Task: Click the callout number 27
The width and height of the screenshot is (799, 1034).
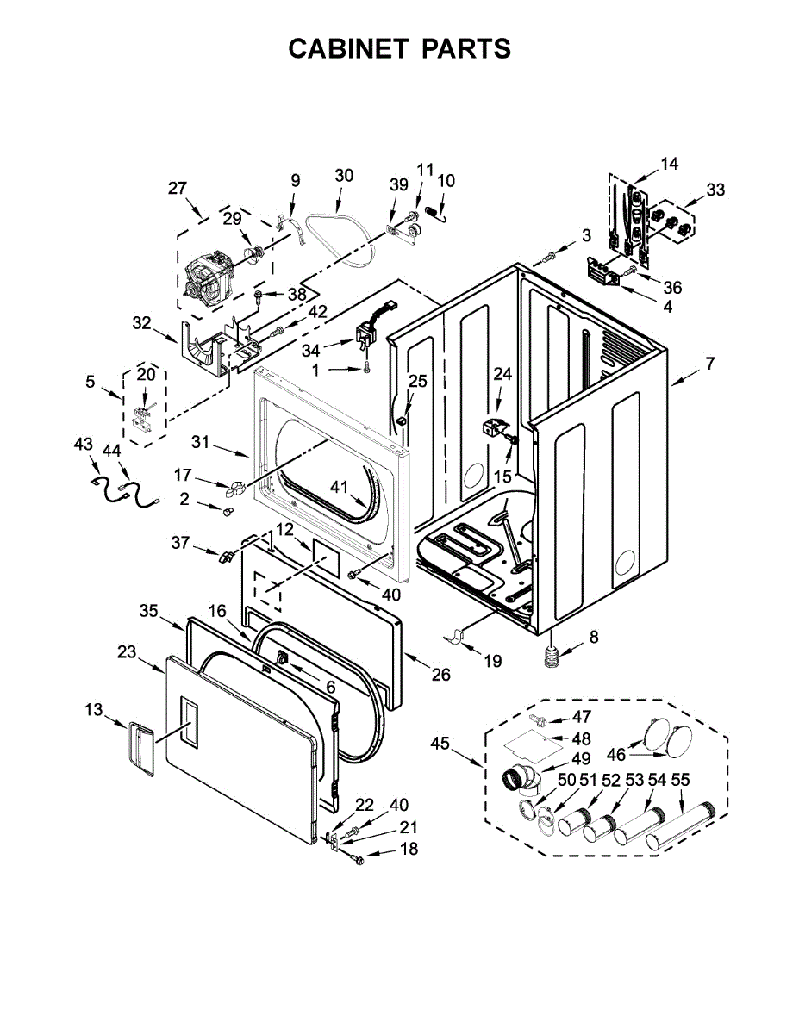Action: click(178, 189)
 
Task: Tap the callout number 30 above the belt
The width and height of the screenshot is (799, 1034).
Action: click(343, 175)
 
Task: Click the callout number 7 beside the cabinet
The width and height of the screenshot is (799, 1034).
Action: click(709, 364)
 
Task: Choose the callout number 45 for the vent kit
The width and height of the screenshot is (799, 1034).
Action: click(440, 743)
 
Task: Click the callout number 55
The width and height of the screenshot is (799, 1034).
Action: click(680, 780)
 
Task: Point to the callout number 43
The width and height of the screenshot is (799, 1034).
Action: click(83, 443)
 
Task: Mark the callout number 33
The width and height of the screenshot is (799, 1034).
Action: click(715, 190)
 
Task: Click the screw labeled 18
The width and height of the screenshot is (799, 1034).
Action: click(359, 858)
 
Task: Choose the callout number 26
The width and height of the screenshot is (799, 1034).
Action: click(440, 675)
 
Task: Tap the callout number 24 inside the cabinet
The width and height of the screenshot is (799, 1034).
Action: click(502, 374)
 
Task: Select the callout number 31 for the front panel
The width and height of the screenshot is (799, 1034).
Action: click(200, 442)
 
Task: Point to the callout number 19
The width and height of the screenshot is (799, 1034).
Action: click(492, 661)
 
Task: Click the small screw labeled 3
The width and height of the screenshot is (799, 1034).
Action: click(549, 257)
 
